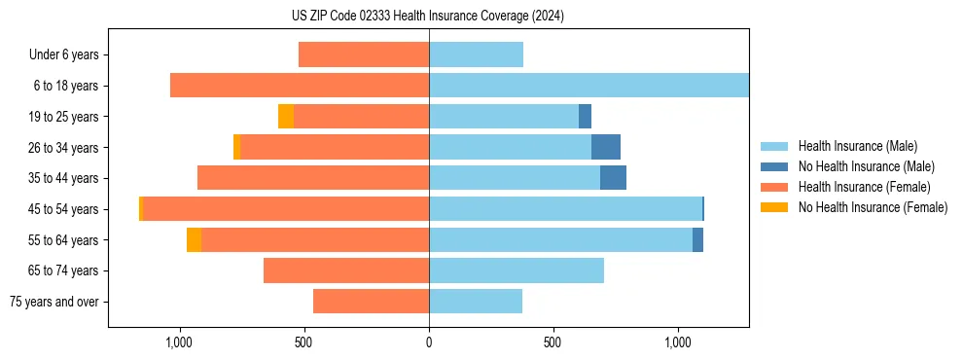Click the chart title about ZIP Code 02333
click(428, 16)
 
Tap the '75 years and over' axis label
click(54, 302)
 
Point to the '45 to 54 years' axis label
click(63, 209)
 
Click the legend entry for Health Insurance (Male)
click(856, 146)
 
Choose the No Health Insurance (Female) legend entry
click(873, 207)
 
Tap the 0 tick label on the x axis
click(429, 342)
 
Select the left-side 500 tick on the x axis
click(303, 342)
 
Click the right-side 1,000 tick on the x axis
click(678, 342)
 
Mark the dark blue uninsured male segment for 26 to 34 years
click(606, 147)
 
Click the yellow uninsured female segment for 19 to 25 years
click(286, 117)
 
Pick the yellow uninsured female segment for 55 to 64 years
click(194, 240)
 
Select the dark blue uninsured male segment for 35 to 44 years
click(613, 178)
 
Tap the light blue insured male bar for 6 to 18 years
click(588, 86)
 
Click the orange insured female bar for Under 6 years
click(364, 54)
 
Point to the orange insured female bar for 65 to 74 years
click(346, 270)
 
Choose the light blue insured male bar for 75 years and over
click(476, 302)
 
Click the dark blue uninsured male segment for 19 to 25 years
click(585, 117)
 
